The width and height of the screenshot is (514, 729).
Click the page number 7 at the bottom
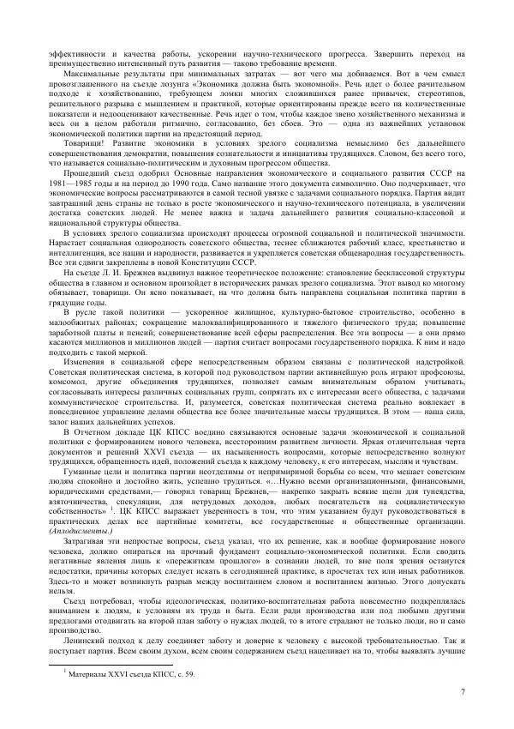point(463,692)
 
